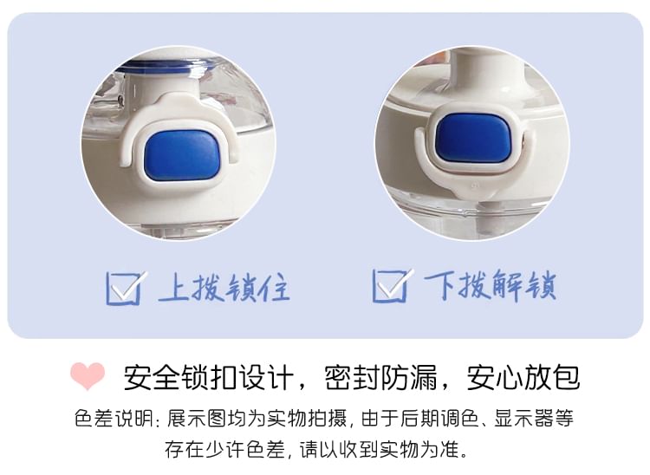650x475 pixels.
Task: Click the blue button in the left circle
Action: [182, 156]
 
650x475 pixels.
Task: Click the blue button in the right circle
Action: [473, 138]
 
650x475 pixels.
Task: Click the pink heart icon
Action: [88, 376]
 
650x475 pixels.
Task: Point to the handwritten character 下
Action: [439, 285]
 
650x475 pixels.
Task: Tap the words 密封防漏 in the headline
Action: [381, 377]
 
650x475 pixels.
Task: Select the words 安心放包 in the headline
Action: [523, 377]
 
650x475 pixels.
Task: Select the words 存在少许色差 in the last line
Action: [224, 449]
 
